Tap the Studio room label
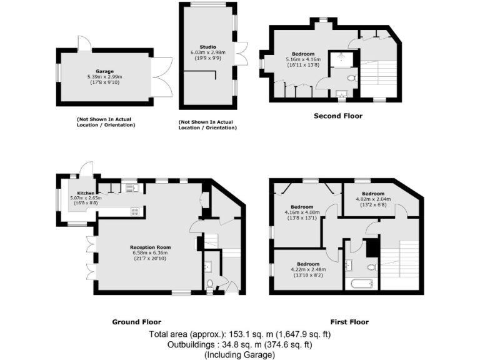click(x=207, y=47)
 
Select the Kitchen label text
click(x=85, y=193)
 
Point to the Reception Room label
click(x=150, y=247)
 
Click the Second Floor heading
click(x=337, y=116)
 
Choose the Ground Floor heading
click(x=136, y=322)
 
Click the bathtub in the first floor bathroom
click(x=361, y=284)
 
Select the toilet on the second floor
click(x=351, y=78)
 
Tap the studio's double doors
click(x=242, y=52)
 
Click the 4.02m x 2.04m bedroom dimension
click(x=373, y=199)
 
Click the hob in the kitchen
click(x=134, y=211)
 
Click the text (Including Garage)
click(x=239, y=354)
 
